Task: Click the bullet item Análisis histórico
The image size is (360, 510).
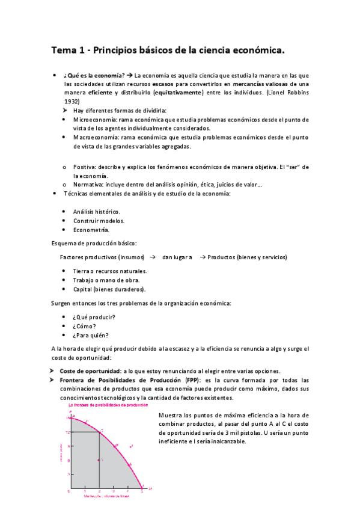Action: tap(96, 212)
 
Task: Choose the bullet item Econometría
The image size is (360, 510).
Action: tap(91, 230)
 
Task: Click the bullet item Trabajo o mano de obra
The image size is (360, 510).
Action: tap(106, 280)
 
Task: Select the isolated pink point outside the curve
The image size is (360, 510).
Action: tap(131, 446)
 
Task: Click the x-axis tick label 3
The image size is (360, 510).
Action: tap(114, 491)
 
